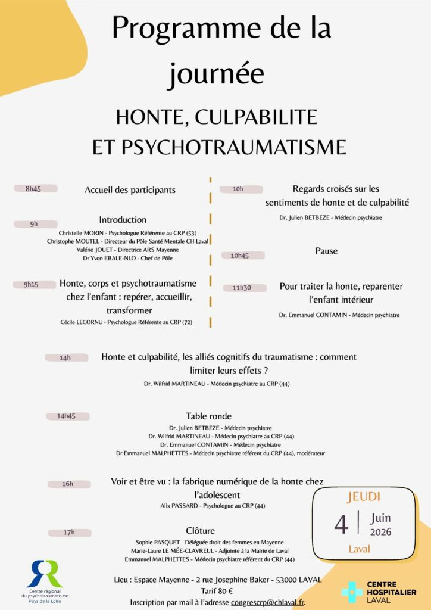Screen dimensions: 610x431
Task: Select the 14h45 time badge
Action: click(68, 416)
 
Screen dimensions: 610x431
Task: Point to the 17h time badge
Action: click(69, 532)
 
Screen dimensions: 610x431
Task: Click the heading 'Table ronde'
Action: click(208, 416)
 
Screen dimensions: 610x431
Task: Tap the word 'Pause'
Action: click(326, 251)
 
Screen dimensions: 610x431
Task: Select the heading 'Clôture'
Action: click(200, 530)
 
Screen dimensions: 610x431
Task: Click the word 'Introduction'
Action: click(123, 220)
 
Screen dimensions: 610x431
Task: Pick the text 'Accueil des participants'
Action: click(130, 190)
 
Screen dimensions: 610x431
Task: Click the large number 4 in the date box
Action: click(341, 524)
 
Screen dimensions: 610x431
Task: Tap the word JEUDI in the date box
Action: click(363, 496)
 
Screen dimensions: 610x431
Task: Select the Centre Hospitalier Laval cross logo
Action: click(351, 592)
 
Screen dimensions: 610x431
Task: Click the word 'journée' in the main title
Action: click(215, 74)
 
